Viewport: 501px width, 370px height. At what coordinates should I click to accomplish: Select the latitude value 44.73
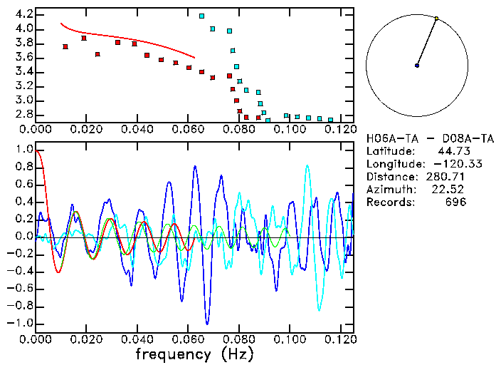(452, 150)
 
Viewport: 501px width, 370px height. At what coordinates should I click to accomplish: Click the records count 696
(455, 202)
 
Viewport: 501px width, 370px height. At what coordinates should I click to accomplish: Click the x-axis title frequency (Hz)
(194, 353)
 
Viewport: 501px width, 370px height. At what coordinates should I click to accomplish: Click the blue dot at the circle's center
(417, 66)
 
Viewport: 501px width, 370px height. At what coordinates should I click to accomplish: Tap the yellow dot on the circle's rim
(436, 19)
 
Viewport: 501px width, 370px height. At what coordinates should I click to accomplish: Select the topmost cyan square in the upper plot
(202, 16)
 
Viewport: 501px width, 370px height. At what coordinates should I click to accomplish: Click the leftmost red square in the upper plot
(65, 47)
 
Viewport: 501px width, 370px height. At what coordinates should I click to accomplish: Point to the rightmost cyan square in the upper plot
(331, 120)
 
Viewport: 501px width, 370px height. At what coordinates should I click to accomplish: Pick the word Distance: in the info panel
(391, 176)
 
